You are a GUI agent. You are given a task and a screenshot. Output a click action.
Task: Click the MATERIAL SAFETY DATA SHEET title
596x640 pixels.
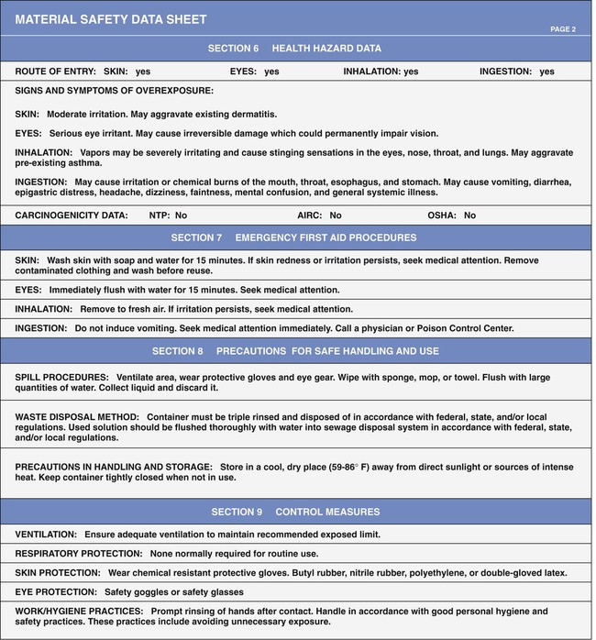coord(110,19)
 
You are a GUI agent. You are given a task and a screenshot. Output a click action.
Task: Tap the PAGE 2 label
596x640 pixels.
coord(562,29)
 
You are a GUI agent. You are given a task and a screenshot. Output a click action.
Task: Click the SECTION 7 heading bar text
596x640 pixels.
coord(293,237)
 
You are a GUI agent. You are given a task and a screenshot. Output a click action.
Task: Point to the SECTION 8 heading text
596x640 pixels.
coord(293,351)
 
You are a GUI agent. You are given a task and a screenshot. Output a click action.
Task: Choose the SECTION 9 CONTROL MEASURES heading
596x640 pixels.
coord(295,512)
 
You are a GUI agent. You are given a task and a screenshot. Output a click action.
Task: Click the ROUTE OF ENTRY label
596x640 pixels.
coord(55,72)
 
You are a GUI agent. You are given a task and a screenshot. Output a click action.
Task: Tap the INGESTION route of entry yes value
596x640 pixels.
coord(546,72)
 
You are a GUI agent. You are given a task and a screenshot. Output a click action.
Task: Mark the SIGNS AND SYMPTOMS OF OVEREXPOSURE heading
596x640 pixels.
coord(115,91)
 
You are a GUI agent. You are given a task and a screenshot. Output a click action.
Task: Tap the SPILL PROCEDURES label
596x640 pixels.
coord(60,377)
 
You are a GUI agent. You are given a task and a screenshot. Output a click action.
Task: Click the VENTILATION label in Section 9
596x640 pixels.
coord(46,534)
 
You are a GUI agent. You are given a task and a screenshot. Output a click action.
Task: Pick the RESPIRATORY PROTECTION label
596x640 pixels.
coord(79,554)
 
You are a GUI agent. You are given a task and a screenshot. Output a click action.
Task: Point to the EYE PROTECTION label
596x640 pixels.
coord(56,592)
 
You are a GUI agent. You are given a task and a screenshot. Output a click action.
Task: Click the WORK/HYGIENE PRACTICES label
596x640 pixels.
coord(79,611)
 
